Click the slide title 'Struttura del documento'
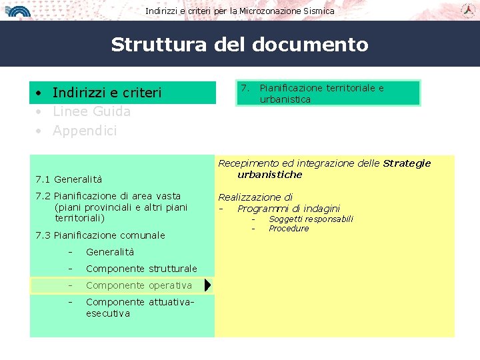click(x=239, y=45)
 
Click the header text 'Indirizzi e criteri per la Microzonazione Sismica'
click(x=240, y=11)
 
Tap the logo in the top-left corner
click(x=19, y=10)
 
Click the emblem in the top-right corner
click(x=468, y=9)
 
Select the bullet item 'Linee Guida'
click(x=91, y=111)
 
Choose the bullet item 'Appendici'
click(x=84, y=131)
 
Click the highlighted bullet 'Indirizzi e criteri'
click(x=107, y=93)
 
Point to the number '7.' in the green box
click(x=245, y=88)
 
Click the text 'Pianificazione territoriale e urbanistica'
click(x=321, y=93)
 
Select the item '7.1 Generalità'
click(x=69, y=179)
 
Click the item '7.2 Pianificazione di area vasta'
click(x=108, y=196)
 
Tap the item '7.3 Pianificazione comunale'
click(x=100, y=235)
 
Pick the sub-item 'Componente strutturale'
click(x=141, y=269)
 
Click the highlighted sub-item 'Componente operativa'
click(x=139, y=285)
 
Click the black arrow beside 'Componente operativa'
click(x=207, y=285)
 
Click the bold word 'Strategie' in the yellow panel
click(x=407, y=163)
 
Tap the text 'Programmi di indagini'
click(x=289, y=209)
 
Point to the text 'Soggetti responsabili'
click(x=311, y=219)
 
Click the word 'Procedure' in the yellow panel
click(x=289, y=229)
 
